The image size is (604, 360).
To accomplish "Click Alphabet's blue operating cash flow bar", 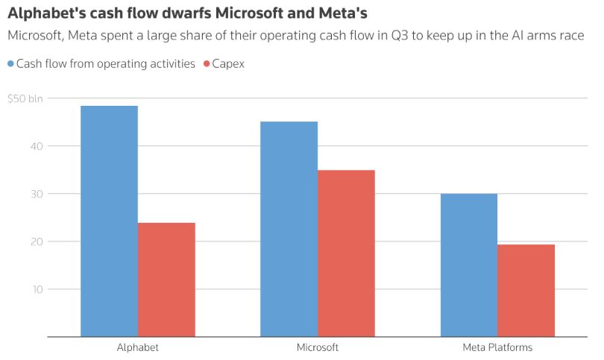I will [x=109, y=221].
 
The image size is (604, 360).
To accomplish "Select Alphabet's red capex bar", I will [x=166, y=280].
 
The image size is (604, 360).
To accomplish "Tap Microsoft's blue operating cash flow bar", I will [x=289, y=229].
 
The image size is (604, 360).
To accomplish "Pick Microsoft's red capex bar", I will [x=346, y=253].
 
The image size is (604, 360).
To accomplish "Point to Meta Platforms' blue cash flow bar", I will [x=468, y=265].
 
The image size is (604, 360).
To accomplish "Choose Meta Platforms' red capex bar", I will [x=526, y=291].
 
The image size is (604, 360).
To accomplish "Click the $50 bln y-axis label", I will [x=25, y=98].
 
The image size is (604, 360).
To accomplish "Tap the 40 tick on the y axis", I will [x=37, y=146].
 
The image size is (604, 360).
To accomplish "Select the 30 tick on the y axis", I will [x=37, y=194].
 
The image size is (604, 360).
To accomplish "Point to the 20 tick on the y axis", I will [x=37, y=241].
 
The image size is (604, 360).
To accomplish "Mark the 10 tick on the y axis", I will [x=37, y=289].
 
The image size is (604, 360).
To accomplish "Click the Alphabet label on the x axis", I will [x=137, y=348].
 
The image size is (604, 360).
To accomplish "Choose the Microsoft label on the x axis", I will [x=317, y=348].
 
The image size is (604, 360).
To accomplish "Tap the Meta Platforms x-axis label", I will [x=497, y=348].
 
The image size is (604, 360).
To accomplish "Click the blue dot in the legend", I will [x=11, y=64].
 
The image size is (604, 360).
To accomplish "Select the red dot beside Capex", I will [x=207, y=64].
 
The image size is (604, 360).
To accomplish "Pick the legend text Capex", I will [x=229, y=64].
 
